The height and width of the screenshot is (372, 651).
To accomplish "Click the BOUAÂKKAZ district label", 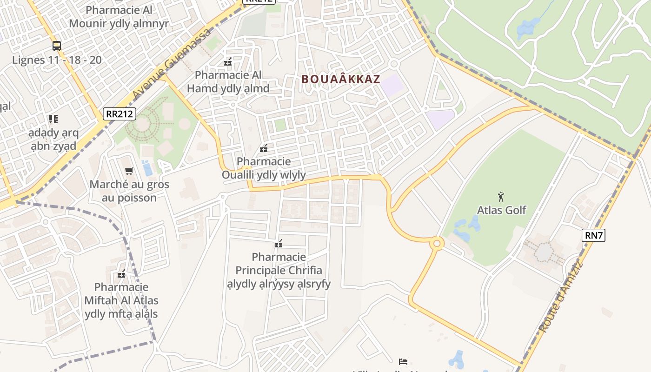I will click(341, 79).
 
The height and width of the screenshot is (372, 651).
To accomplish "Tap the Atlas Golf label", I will click(501, 210).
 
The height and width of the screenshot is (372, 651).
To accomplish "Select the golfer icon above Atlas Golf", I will click(501, 196).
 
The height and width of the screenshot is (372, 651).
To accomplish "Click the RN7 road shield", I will click(593, 235).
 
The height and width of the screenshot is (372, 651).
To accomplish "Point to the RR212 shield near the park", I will click(120, 113).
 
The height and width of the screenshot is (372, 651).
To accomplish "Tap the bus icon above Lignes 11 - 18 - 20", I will click(57, 46).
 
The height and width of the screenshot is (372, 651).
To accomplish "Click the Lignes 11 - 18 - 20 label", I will click(57, 60).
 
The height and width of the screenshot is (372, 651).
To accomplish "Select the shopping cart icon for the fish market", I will click(129, 171).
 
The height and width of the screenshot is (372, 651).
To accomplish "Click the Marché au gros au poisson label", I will click(129, 191).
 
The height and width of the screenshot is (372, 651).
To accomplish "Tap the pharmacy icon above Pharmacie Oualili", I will click(264, 149).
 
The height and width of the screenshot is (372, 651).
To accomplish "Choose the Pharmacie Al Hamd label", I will click(228, 81).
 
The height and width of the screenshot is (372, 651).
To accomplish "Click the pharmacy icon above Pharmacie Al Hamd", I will click(228, 61).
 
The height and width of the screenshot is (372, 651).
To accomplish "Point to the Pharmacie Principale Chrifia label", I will click(279, 270).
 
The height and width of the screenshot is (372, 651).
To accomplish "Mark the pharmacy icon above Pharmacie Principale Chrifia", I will click(279, 243).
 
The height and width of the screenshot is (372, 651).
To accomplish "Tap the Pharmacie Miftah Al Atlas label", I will click(121, 300).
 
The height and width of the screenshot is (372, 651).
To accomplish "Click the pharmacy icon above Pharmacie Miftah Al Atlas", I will click(121, 274).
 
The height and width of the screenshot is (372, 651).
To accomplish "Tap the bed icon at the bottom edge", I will click(403, 361).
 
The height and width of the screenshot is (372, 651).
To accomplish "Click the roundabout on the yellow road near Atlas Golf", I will click(437, 243).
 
